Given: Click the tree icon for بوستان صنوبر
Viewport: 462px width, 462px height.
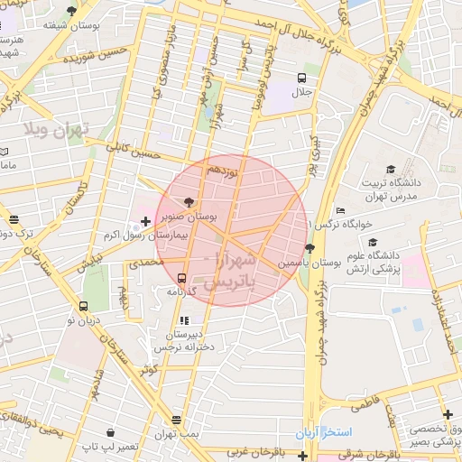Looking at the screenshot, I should tap(188, 202).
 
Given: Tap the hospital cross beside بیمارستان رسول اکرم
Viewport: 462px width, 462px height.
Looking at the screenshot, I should tap(146, 220).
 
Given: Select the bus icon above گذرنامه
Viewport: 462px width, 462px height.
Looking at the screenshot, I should tap(182, 278).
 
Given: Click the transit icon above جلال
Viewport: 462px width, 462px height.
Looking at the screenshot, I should tap(301, 78).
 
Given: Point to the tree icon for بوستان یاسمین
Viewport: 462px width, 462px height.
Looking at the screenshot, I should tap(310, 248).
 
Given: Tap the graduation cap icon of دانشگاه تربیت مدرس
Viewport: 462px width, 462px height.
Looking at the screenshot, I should tap(391, 169).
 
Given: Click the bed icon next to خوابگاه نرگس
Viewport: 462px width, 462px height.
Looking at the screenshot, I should tap(339, 210).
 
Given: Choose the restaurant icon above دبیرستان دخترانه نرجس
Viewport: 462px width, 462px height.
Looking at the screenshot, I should tap(184, 319).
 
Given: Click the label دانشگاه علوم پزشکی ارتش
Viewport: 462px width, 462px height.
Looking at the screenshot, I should tap(373, 262).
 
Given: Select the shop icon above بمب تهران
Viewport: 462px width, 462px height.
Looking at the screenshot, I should tap(176, 420).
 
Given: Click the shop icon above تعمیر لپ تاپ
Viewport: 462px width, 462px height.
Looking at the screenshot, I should tap(109, 433).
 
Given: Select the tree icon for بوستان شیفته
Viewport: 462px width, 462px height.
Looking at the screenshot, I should tap(71, 11).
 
